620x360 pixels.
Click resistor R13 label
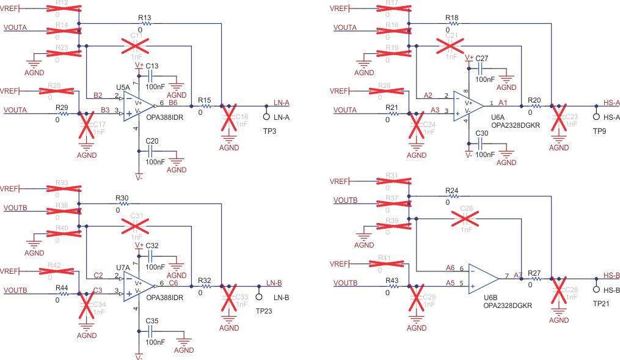coord(145,18)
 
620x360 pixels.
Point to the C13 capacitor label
coord(152,66)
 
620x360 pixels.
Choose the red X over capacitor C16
coord(230,119)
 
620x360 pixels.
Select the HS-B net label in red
coord(611,276)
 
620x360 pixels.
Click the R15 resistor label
coord(205,100)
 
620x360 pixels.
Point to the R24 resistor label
coord(451,191)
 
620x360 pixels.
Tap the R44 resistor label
coord(62,287)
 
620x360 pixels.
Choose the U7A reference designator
coord(123,268)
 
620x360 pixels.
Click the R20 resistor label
coord(534,100)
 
